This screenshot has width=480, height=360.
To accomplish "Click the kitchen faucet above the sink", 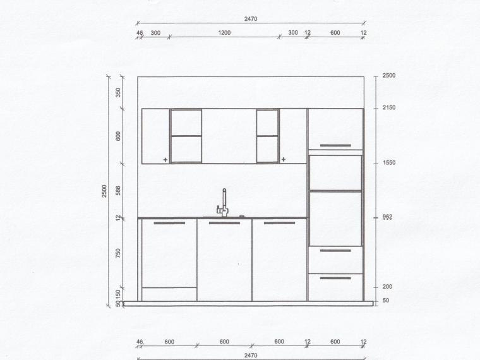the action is [x=224, y=203].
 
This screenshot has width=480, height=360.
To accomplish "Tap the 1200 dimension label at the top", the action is [x=224, y=33].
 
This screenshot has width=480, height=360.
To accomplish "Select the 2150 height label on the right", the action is [x=389, y=107].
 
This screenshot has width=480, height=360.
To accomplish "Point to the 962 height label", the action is [x=387, y=217].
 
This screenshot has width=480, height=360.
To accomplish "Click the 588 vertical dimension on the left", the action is [x=119, y=190].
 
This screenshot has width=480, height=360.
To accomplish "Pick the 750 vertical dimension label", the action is [x=119, y=253].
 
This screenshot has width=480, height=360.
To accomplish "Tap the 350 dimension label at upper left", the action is [x=119, y=92].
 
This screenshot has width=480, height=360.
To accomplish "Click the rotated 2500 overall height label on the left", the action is [x=104, y=191].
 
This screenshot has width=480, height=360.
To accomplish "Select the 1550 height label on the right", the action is [x=389, y=162].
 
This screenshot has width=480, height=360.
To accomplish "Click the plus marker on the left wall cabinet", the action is [x=165, y=160].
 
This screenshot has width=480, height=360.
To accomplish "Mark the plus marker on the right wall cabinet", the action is [x=284, y=159].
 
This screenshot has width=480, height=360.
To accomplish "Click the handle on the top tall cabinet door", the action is [x=335, y=145].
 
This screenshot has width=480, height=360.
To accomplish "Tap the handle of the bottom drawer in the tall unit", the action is [x=335, y=279].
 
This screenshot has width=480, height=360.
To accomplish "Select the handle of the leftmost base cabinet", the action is [x=169, y=223].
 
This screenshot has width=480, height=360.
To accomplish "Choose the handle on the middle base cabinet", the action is [x=224, y=223].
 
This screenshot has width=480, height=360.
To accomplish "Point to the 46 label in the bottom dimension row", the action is [x=140, y=342].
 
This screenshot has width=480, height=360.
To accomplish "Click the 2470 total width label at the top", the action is [x=251, y=19].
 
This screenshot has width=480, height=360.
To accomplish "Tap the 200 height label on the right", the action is [x=387, y=287].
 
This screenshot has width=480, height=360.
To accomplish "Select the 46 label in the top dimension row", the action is [x=140, y=33].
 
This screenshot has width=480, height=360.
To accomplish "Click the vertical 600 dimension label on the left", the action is [x=119, y=136].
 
